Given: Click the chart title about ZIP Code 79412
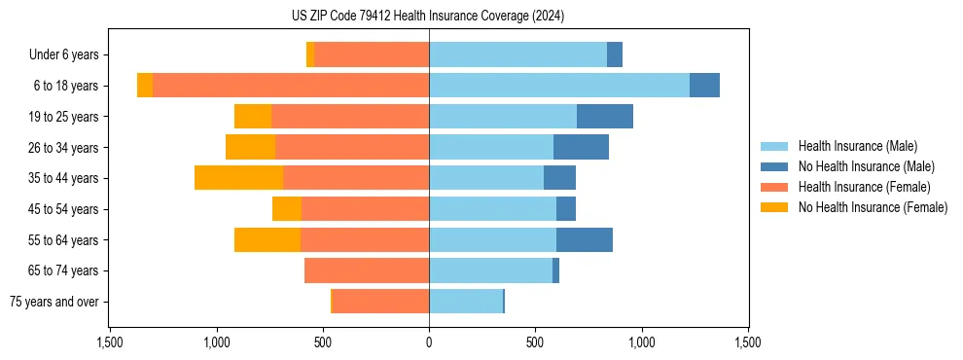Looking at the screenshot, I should [x=428, y=16].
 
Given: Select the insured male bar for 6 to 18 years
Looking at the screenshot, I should [x=559, y=86].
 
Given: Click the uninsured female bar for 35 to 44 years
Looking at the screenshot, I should [x=238, y=178].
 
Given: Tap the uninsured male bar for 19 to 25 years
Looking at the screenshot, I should [x=605, y=117].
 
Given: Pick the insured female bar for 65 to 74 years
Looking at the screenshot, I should [x=367, y=270].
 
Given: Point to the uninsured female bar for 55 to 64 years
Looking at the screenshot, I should [x=267, y=240].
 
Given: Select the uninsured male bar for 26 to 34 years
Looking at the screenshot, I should [x=581, y=147].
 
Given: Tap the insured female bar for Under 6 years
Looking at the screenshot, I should [x=372, y=54].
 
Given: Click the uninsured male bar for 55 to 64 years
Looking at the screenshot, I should [x=585, y=240].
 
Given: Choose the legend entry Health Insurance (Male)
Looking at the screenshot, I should [x=857, y=146].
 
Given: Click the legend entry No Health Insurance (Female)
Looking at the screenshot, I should [x=873, y=207].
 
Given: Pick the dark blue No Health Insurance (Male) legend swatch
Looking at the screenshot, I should [x=775, y=166].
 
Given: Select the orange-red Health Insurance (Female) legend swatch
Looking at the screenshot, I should [x=775, y=187].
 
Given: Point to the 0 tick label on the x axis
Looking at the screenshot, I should [x=429, y=342].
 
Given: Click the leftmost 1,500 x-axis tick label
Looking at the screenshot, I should [x=110, y=342].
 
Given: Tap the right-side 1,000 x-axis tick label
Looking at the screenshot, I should [x=642, y=342].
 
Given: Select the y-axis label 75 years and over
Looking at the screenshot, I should [x=54, y=302].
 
